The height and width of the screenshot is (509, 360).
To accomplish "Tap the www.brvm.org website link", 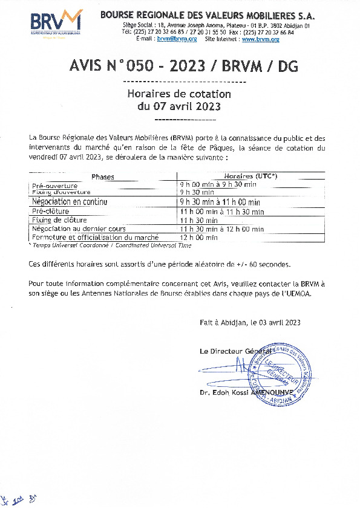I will [x=260, y=39].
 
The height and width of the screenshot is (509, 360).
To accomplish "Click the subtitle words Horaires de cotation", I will [x=179, y=94].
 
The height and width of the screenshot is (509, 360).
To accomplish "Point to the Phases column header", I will [x=102, y=177].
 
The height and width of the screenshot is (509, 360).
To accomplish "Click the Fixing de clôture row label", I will [x=59, y=220].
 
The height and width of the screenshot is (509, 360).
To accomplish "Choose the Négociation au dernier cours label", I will [x=79, y=229].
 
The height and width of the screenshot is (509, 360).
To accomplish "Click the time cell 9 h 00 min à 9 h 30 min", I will [x=218, y=184].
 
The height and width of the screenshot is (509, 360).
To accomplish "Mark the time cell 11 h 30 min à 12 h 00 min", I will [x=222, y=229].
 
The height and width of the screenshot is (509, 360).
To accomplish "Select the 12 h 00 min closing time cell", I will [x=199, y=238].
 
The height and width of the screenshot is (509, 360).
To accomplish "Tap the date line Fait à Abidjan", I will [x=250, y=323].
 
